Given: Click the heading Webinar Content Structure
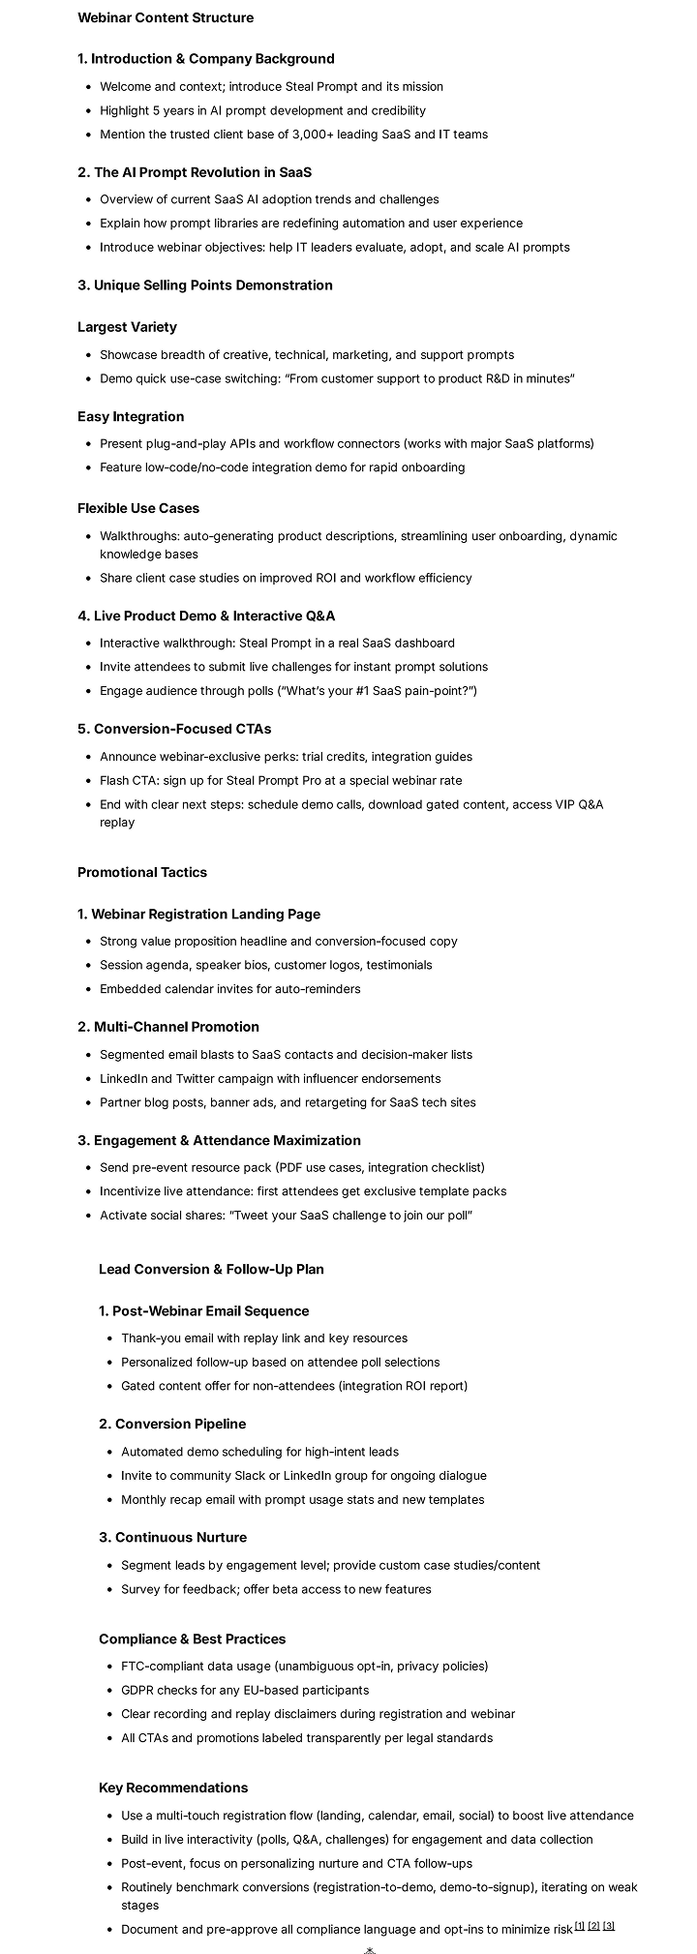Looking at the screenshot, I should click(166, 17).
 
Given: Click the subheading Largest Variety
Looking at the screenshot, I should click(127, 327).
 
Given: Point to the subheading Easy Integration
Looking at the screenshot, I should click(131, 417).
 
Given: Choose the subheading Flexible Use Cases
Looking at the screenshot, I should click(138, 508).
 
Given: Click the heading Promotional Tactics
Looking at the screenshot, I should click(142, 872).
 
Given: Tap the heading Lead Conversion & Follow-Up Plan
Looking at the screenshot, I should click(211, 1269).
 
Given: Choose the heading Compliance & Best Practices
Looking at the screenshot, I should click(192, 1638).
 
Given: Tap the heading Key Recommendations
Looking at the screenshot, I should click(173, 1788).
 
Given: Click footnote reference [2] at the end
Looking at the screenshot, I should click(593, 1926).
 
